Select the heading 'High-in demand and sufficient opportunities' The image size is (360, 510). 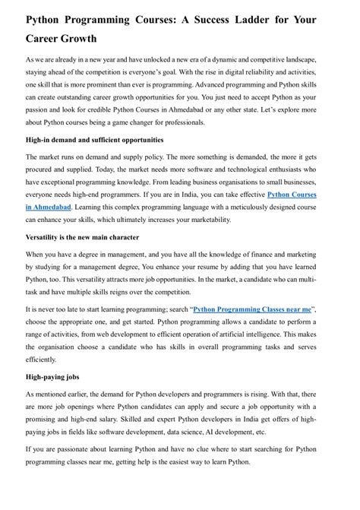(x=94, y=140)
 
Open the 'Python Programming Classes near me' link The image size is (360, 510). (x=252, y=310)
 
